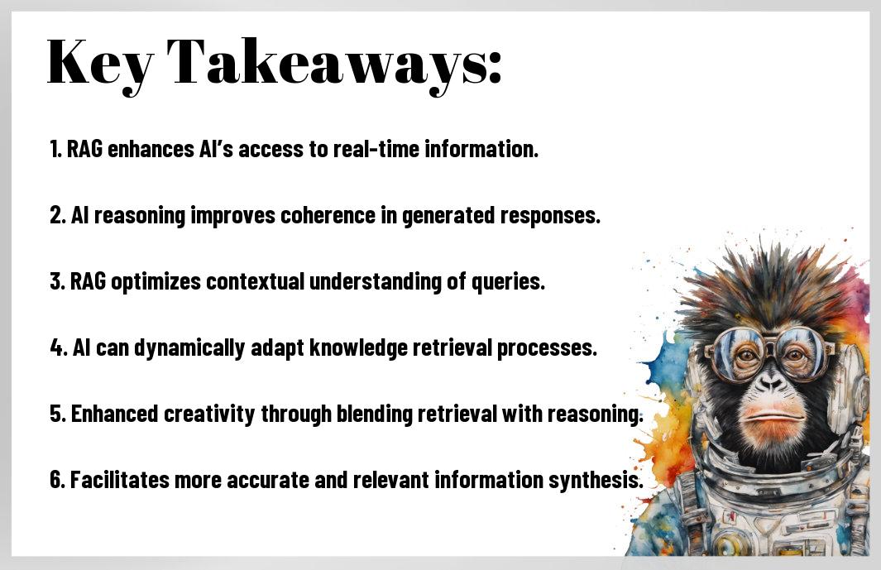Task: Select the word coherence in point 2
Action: (328, 215)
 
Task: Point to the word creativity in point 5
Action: (209, 414)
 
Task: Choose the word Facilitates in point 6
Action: (119, 480)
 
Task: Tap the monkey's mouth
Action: (772, 417)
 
